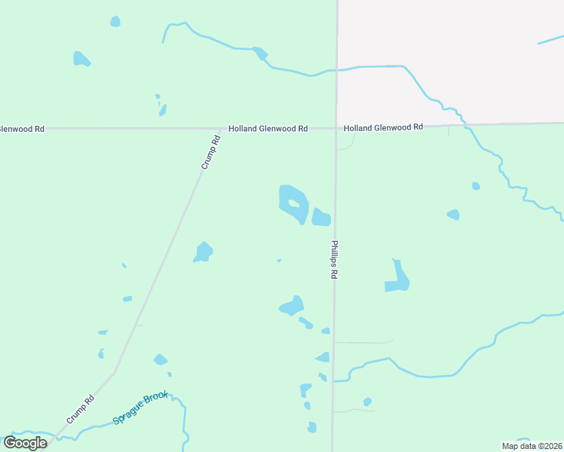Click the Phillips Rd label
333,260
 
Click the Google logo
25,443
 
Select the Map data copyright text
531,446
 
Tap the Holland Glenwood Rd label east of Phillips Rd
383,128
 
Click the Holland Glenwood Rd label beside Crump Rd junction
268,129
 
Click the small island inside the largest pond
293,203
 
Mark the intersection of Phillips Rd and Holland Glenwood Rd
336,127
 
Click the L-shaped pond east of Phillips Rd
397,278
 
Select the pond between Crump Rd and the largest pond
204,252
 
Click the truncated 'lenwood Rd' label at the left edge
22,129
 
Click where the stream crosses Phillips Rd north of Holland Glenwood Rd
336,70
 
